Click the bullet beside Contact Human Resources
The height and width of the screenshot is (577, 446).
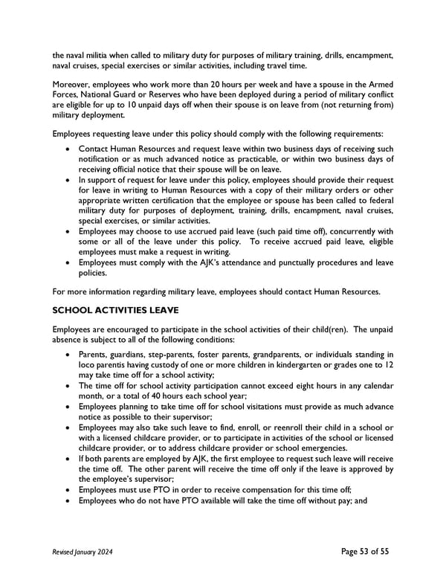click(69, 149)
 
